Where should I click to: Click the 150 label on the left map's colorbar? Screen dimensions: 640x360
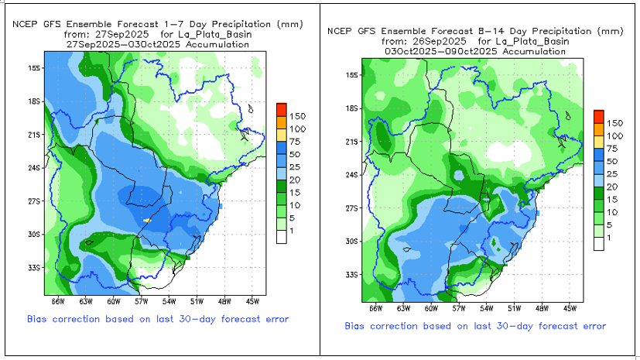[x=297, y=116]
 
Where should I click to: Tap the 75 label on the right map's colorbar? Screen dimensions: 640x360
[x=612, y=149]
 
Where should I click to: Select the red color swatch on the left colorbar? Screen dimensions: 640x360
[x=282, y=109]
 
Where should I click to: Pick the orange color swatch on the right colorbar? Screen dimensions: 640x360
[x=599, y=129]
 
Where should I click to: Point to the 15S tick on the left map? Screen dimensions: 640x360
[x=34, y=68]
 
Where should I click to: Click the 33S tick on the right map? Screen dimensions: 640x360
[x=351, y=275]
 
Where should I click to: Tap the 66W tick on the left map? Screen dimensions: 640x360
[x=58, y=302]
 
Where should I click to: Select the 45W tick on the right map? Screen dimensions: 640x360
[x=570, y=309]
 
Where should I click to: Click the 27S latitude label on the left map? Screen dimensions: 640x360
[x=34, y=201]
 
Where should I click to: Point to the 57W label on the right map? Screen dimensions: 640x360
[x=459, y=309]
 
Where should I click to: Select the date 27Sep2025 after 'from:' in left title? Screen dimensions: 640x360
[x=121, y=34]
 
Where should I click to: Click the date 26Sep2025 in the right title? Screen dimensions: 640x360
[x=440, y=41]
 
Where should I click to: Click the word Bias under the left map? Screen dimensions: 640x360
[x=36, y=319]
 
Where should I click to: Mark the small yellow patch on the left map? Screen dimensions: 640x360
[x=147, y=221]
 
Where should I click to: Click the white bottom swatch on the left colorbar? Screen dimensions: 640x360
[x=282, y=237]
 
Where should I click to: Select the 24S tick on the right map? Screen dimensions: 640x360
[x=351, y=175]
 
